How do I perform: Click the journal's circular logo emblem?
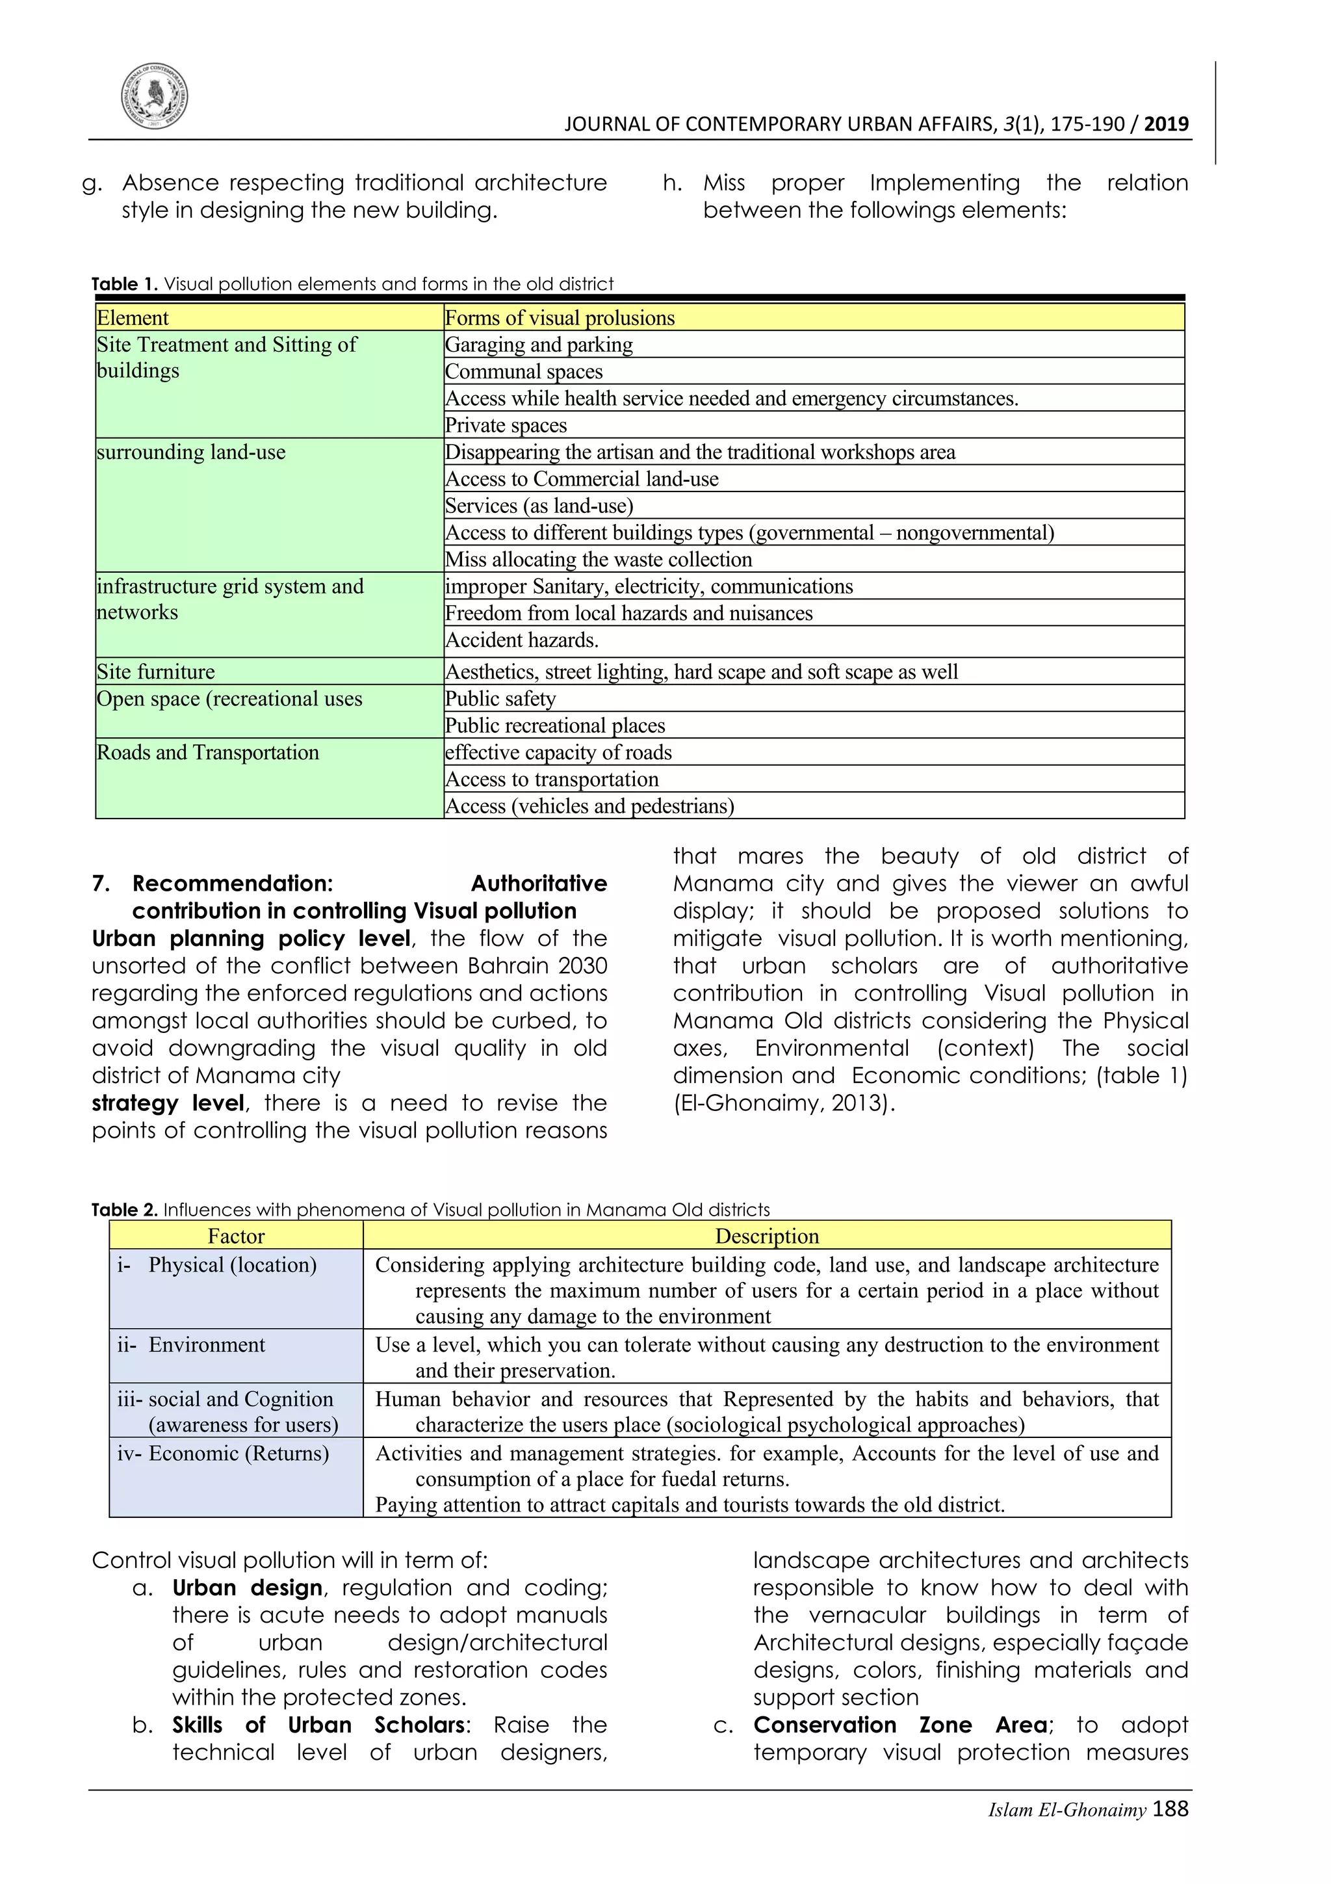pos(154,96)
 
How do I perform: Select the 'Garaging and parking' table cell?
pos(539,345)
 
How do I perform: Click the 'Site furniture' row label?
pos(156,672)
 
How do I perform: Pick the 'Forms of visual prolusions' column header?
pos(560,317)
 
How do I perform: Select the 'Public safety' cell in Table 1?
pos(500,699)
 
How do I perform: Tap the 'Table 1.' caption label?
pos(124,284)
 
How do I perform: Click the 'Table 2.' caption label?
pos(124,1209)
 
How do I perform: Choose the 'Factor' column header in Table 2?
pos(236,1236)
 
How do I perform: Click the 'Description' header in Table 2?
pos(767,1236)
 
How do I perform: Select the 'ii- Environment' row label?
pos(192,1345)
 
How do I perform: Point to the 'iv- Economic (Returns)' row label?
pos(223,1453)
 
